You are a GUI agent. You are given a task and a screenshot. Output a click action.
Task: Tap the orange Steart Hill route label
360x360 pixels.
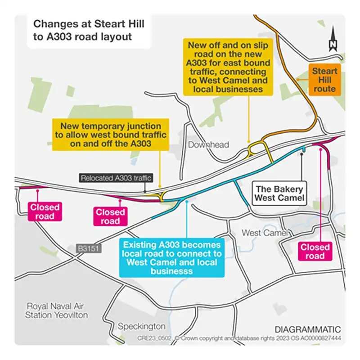(x=324, y=80)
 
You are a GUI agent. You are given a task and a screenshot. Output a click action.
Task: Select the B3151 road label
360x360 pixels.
(x=88, y=248)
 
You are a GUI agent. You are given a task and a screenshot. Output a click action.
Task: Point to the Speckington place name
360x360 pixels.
(x=141, y=326)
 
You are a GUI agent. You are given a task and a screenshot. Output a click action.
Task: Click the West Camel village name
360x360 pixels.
(x=265, y=233)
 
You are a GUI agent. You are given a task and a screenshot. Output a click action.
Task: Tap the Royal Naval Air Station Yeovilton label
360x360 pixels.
(x=57, y=310)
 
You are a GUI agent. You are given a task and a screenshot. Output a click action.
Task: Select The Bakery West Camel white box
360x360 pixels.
(x=279, y=193)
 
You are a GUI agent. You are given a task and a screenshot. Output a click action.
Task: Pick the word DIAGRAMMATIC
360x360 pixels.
(x=308, y=329)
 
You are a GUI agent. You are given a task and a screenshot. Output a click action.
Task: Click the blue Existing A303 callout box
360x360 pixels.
(x=172, y=258)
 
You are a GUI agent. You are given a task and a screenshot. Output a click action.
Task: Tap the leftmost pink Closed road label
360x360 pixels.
(x=45, y=212)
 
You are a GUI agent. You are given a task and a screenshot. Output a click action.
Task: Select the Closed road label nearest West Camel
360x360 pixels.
(x=315, y=252)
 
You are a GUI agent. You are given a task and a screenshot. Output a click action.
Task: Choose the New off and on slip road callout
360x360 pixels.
(x=227, y=67)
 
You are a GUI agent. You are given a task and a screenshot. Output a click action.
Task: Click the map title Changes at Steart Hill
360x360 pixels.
(x=82, y=30)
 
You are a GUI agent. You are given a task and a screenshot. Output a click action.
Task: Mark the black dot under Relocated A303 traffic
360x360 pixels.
(x=145, y=192)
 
